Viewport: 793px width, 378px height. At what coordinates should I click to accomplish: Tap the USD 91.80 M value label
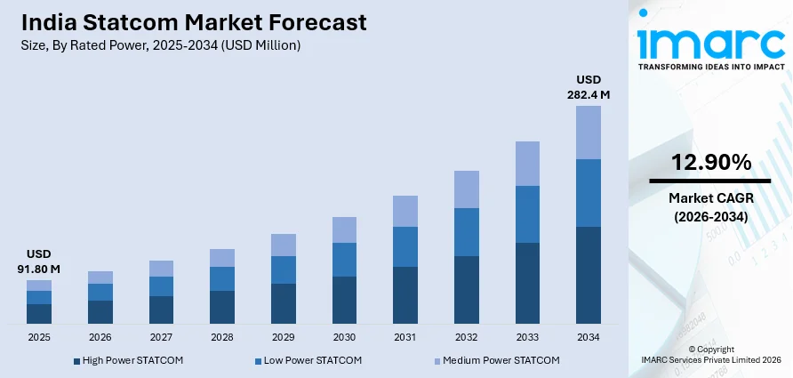click(x=38, y=261)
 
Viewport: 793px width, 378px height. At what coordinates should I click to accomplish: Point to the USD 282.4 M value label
click(x=589, y=86)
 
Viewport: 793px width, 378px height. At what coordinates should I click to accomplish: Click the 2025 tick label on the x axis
click(x=39, y=338)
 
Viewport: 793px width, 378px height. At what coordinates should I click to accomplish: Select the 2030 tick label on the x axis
click(x=344, y=338)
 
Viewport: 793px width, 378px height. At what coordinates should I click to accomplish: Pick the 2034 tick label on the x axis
click(x=589, y=338)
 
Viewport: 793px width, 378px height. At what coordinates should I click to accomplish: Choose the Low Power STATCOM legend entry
click(x=296, y=360)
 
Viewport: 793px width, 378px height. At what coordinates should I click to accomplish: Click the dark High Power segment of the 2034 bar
click(x=589, y=275)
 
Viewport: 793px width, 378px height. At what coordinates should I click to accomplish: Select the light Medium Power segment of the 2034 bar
click(x=589, y=133)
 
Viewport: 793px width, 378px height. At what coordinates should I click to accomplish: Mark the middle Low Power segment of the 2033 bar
click(x=527, y=214)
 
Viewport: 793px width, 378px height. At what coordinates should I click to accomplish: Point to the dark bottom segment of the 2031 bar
click(x=405, y=294)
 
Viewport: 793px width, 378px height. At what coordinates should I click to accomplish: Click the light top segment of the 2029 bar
click(x=284, y=245)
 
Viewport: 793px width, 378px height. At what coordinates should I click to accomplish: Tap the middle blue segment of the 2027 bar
click(x=161, y=286)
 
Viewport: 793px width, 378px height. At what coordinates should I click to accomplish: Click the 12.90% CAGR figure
click(x=710, y=162)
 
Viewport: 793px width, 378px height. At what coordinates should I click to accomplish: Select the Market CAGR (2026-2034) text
click(x=710, y=207)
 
